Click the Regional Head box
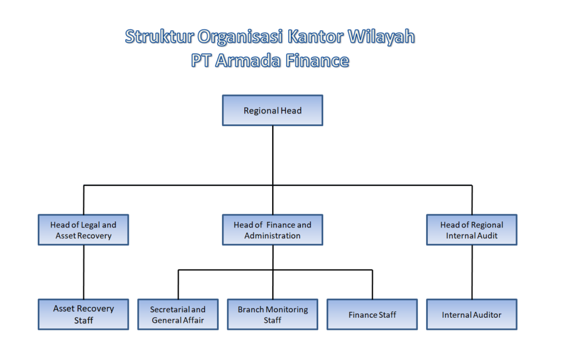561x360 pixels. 272,110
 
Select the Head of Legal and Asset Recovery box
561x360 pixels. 83,230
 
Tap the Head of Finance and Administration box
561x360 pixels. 272,230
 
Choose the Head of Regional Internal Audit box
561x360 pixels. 472,230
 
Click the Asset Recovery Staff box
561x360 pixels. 83,314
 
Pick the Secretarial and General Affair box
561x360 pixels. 178,314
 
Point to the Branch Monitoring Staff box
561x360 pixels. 272,314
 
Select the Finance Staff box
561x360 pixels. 372,314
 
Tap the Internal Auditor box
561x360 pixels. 472,314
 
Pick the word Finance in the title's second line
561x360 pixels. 317,60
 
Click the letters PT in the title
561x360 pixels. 201,60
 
